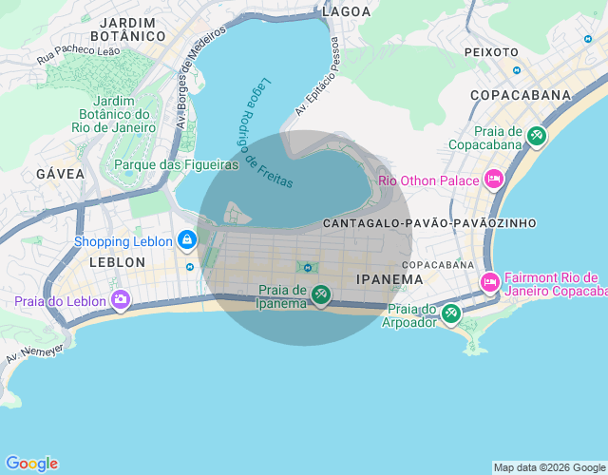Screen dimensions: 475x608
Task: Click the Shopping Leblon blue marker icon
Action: point(187,240)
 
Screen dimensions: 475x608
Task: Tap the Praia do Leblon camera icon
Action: point(121,301)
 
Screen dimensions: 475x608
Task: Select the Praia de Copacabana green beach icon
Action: point(537,137)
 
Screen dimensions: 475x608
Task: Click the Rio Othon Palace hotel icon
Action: point(493,180)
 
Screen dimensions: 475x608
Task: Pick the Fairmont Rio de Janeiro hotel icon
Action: point(490,282)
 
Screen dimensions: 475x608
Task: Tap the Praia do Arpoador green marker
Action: point(451,313)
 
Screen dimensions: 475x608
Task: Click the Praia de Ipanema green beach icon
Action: point(321,295)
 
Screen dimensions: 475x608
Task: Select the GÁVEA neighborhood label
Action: point(60,174)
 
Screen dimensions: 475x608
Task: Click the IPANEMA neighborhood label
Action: point(389,279)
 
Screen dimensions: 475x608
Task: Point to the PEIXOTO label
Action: point(491,52)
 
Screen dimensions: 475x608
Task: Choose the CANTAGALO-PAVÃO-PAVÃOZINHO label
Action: point(429,223)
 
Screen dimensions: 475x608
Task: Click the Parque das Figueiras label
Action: point(176,164)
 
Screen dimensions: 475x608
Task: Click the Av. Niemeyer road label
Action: point(34,353)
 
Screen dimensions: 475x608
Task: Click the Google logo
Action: point(30,464)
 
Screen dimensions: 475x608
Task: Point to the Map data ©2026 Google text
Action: point(549,467)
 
